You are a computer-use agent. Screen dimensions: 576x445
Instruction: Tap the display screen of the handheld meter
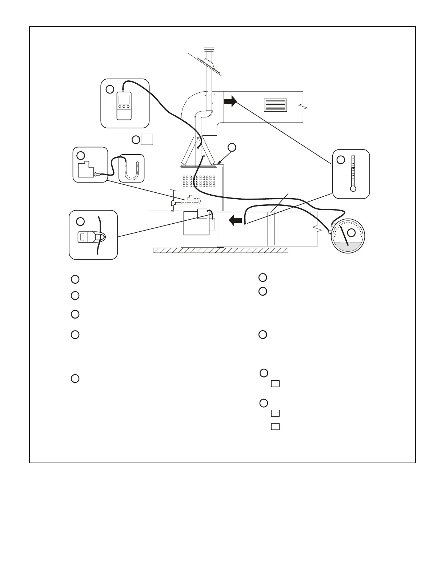[124, 100]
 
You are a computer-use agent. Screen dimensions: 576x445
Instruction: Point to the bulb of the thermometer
[352, 189]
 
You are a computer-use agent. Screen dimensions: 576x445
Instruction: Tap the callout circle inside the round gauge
[351, 232]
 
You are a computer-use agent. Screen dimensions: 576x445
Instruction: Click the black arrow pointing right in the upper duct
[230, 101]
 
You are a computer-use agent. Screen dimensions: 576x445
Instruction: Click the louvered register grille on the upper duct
[276, 105]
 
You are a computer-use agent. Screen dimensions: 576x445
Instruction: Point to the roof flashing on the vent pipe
[210, 65]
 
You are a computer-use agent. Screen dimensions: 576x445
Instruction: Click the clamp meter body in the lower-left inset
[87, 237]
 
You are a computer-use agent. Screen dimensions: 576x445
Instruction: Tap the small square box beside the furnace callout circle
[147, 139]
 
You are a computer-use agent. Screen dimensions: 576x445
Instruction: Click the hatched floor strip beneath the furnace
[220, 250]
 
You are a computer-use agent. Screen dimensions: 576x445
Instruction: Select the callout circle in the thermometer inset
[340, 160]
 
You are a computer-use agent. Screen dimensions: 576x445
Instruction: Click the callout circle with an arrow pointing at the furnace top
[232, 147]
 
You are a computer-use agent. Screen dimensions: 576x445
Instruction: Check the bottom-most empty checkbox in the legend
[275, 427]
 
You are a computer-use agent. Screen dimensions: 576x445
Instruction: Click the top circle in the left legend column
[75, 279]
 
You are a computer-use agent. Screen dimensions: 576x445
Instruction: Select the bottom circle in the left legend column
[75, 379]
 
